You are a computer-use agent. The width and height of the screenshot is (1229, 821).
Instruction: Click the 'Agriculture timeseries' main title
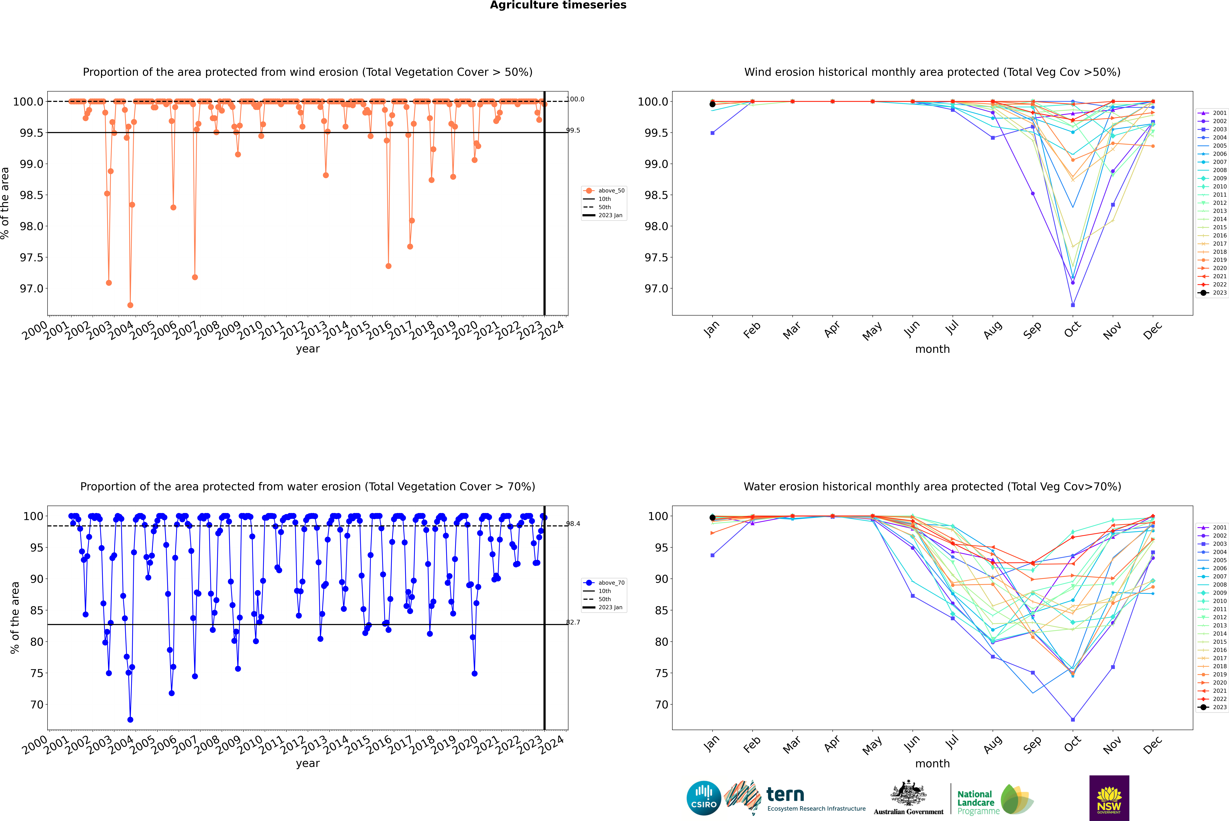(x=558, y=5)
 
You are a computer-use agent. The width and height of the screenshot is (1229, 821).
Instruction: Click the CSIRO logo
(x=704, y=798)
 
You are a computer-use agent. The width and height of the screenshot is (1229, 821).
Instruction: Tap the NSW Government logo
(x=1109, y=798)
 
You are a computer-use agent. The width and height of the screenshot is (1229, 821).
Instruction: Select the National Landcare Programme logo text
(x=975, y=802)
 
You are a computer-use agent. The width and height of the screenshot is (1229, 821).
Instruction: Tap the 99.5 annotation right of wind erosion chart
(x=573, y=130)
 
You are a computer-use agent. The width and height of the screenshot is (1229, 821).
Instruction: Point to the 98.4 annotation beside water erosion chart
(x=573, y=524)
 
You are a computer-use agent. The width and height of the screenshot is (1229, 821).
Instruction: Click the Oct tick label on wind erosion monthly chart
(x=1072, y=330)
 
